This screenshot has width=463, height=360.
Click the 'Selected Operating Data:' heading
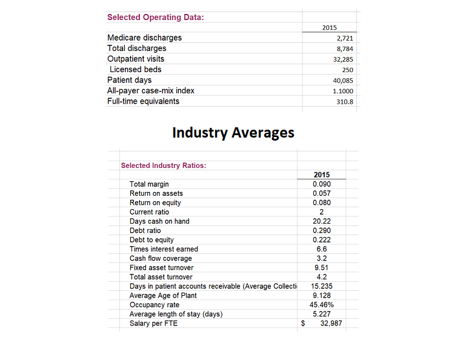[x=155, y=17]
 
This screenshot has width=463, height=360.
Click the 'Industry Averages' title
[x=233, y=132]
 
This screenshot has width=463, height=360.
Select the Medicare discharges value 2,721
[x=344, y=38]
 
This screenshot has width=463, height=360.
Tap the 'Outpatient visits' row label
[x=136, y=59]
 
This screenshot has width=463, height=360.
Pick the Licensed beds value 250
[x=347, y=70]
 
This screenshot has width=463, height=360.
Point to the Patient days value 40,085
[x=343, y=80]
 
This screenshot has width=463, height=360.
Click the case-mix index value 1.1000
[x=343, y=91]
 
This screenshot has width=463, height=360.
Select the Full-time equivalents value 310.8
[x=344, y=101]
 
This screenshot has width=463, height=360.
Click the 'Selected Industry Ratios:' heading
[x=163, y=165]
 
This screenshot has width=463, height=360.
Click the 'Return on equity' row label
[x=155, y=203]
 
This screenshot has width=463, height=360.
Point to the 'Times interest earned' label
[x=164, y=249]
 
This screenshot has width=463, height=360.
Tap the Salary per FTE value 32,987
[x=330, y=323]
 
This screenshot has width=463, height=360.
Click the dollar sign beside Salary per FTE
[x=303, y=323]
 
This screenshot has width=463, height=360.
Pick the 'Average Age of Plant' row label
[x=163, y=295]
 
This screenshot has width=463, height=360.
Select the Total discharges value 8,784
[x=344, y=48]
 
